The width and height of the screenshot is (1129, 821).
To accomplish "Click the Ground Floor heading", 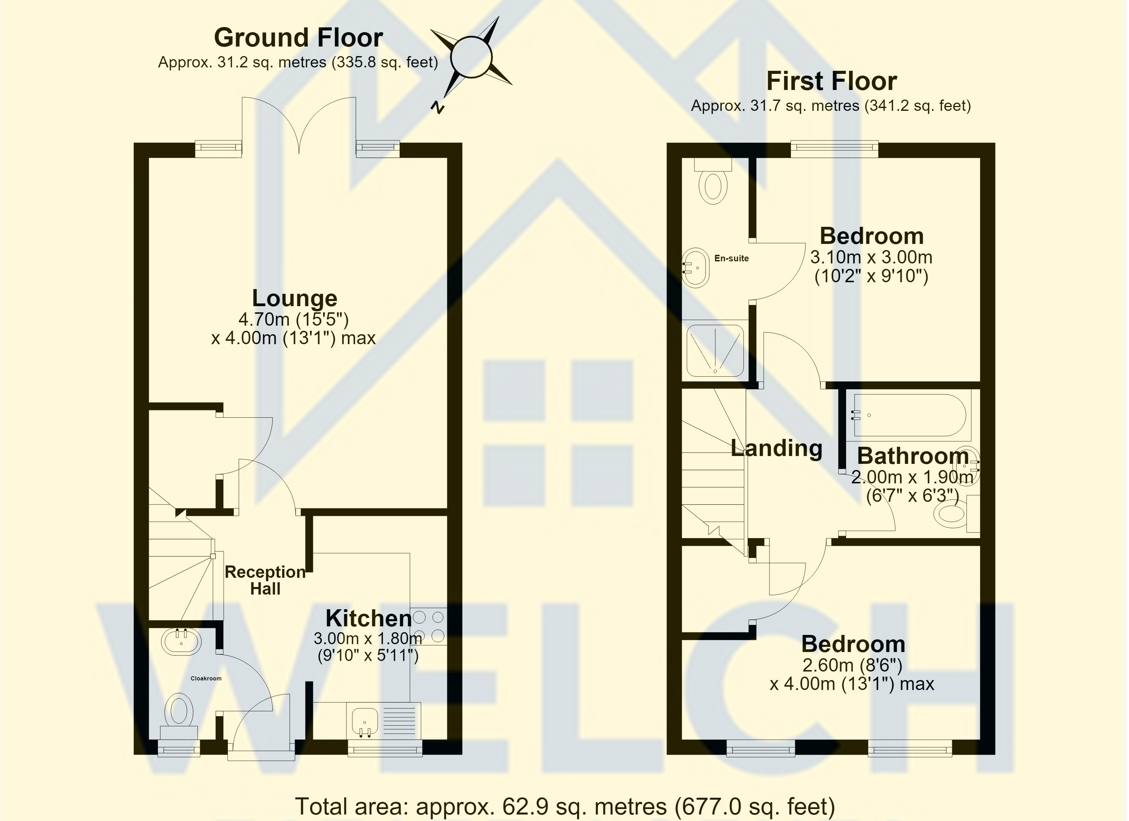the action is tap(298, 38).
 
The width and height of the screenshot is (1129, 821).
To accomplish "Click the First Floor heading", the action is tap(831, 81).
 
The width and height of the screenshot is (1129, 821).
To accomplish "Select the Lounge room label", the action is tap(295, 298).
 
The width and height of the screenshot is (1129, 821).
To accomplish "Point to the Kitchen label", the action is tap(369, 618).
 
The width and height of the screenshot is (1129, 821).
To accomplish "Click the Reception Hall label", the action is tap(265, 581).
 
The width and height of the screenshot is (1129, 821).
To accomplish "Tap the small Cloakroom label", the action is tap(206, 678).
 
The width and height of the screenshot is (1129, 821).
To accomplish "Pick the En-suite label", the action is tap(731, 258).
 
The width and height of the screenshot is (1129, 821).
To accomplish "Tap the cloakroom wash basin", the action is tap(181, 642).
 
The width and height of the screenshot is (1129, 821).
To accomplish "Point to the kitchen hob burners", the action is tap(428, 626).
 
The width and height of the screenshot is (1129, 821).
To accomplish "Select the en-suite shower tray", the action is tap(715, 350).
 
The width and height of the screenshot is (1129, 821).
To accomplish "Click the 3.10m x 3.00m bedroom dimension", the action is tap(871, 257).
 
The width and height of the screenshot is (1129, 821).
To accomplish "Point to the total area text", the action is tap(565, 806).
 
